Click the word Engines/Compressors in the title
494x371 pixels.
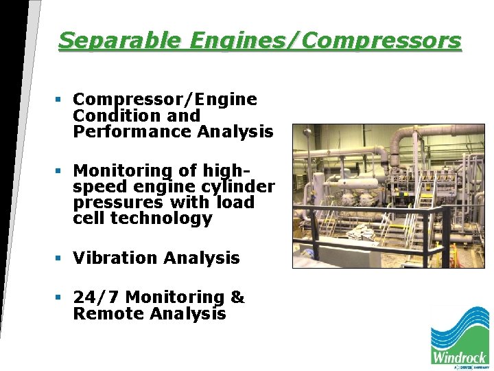[322, 41]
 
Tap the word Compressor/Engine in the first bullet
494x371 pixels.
[165, 100]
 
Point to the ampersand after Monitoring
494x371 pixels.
[237, 297]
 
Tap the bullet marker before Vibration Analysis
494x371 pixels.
[60, 258]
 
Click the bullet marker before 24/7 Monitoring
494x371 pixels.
[60, 297]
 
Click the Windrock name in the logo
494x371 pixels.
[460, 357]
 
